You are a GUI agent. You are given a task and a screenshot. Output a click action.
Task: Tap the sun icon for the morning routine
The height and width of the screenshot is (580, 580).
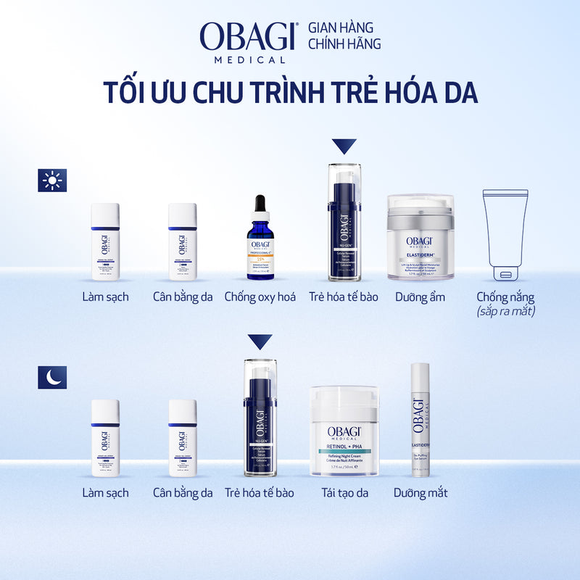52,180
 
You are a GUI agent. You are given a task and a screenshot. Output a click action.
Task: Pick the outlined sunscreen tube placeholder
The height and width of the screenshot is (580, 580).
505,235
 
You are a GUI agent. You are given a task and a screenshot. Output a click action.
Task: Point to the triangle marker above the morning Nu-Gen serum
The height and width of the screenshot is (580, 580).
344,146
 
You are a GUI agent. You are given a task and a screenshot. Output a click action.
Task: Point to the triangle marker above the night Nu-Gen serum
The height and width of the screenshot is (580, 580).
260,342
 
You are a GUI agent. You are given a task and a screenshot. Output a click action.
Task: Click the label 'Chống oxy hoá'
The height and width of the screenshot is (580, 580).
260,297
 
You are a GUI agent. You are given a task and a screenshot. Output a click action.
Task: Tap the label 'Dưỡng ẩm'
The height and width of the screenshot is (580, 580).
420,297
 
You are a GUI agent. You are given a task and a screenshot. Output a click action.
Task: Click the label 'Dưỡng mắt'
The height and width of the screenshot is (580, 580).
420,493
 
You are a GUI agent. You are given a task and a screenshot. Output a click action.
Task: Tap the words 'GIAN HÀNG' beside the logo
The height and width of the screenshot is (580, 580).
341,28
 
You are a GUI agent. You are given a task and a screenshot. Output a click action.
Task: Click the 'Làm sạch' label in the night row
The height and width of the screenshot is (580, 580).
105,493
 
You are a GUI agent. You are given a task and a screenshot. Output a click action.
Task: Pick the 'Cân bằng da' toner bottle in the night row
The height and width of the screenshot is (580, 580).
183,438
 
